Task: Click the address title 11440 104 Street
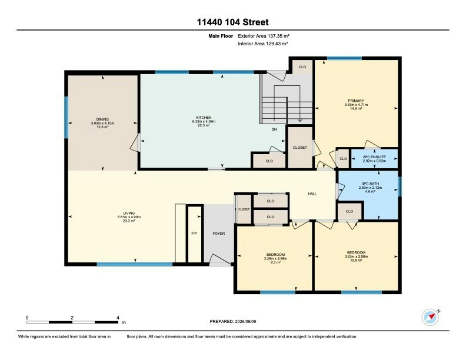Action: coord(232,22)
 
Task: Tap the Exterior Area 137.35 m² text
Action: coord(264,36)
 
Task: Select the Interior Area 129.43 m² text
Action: coord(263,44)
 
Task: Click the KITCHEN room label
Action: coord(204,118)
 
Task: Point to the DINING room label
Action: coord(102,119)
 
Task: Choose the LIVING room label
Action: coord(129,214)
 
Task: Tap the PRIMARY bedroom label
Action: coord(356,101)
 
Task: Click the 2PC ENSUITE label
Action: coord(374,157)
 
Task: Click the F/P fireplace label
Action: coord(194,234)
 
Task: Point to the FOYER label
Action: coord(219,234)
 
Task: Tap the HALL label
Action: coord(312,194)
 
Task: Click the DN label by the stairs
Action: coord(274,129)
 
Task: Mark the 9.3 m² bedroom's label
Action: coord(275,255)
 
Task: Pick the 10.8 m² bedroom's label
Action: coord(356,253)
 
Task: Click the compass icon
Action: coord(430,317)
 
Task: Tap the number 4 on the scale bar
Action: coord(118,318)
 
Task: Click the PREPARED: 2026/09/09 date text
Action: coord(233,321)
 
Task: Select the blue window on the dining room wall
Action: coord(66,117)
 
